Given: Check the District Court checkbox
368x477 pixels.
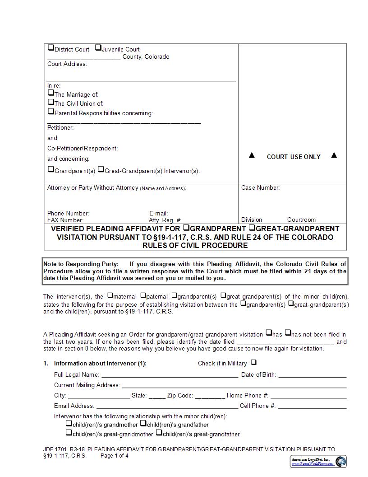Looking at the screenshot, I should [x=51, y=48].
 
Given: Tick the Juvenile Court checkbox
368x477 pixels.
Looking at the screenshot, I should [x=98, y=48].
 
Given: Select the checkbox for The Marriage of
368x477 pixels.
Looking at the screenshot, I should [x=51, y=93].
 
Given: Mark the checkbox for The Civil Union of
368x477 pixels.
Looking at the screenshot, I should [x=51, y=103].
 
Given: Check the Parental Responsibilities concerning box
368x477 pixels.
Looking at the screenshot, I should [x=51, y=112].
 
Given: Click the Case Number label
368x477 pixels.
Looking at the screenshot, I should [x=260, y=188].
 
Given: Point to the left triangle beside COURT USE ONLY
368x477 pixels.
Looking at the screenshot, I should [x=252, y=155].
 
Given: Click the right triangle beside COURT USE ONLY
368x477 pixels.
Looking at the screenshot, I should [x=334, y=155].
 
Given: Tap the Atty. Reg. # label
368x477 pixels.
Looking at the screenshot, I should [x=165, y=220].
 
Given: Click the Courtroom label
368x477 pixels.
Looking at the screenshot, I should [x=301, y=220].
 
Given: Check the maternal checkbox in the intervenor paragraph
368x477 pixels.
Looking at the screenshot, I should [x=110, y=296].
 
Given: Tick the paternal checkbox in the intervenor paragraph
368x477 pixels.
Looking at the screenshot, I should [x=143, y=296].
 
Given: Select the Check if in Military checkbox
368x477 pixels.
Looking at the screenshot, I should [x=253, y=362].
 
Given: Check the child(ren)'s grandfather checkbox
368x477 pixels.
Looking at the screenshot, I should [x=143, y=424].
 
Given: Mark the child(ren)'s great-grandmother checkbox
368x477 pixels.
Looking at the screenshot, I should [x=69, y=433].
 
